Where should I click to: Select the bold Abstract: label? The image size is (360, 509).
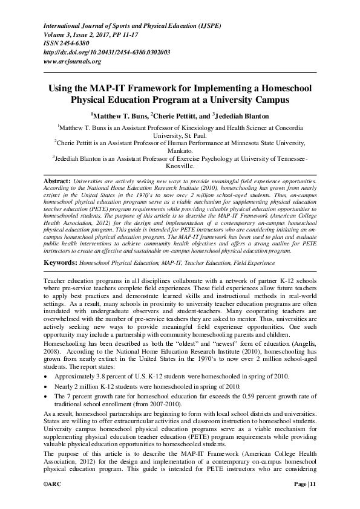click(x=57, y=181)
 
